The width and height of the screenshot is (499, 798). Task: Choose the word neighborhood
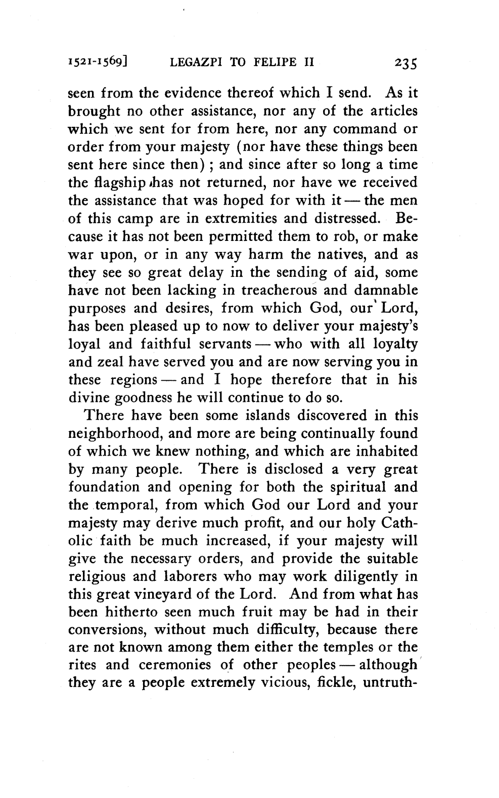pos(116,434)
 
